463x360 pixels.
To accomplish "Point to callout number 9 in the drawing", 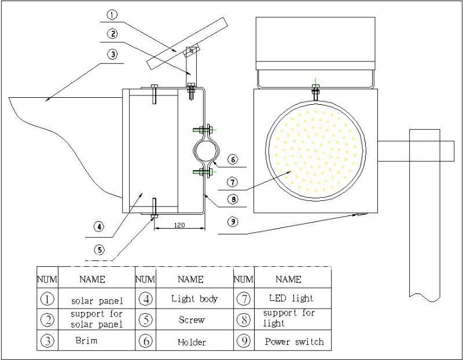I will point(231,220).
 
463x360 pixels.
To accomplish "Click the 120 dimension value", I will point(179,225).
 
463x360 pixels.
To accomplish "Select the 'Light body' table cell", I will point(194,299).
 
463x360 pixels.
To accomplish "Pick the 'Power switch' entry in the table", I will point(295,341).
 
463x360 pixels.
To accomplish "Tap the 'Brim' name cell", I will point(86,340).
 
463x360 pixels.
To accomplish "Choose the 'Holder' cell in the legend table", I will point(192,342).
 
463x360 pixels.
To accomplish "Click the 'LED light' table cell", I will point(291,299).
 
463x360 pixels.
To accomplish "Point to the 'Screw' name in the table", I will point(192,319).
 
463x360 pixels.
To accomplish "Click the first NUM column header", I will point(48,280).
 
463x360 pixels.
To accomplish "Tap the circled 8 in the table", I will point(244,319).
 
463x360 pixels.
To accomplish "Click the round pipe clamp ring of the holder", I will point(204,152).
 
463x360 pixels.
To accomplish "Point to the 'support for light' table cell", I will point(289,318).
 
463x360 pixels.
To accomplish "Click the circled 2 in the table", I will point(48,319).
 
